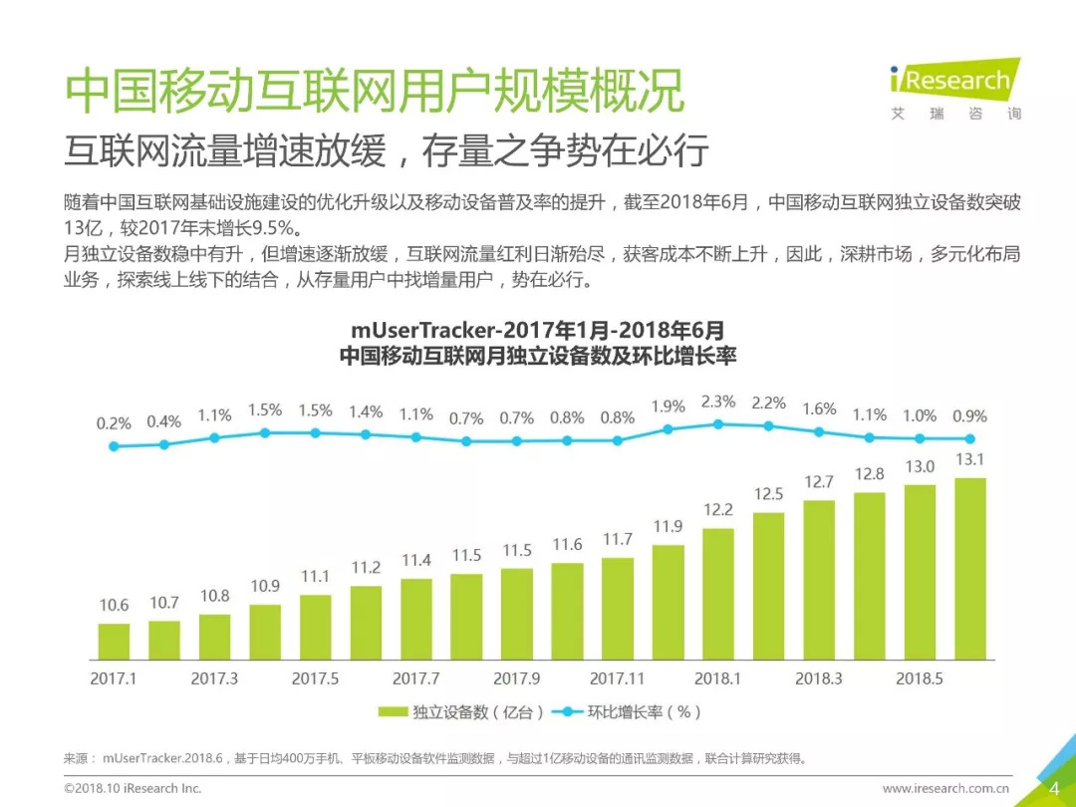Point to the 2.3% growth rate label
click(718, 402)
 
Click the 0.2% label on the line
click(114, 423)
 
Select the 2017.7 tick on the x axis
click(416, 678)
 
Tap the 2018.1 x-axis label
click(717, 678)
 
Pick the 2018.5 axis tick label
click(919, 678)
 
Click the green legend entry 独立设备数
click(462, 712)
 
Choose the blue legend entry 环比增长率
click(638, 712)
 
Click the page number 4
click(1054, 788)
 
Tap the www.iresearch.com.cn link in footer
click(946, 788)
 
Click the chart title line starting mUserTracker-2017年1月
click(538, 330)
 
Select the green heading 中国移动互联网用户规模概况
click(375, 93)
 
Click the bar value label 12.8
click(869, 474)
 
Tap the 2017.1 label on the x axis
click(114, 678)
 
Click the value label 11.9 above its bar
click(668, 526)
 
